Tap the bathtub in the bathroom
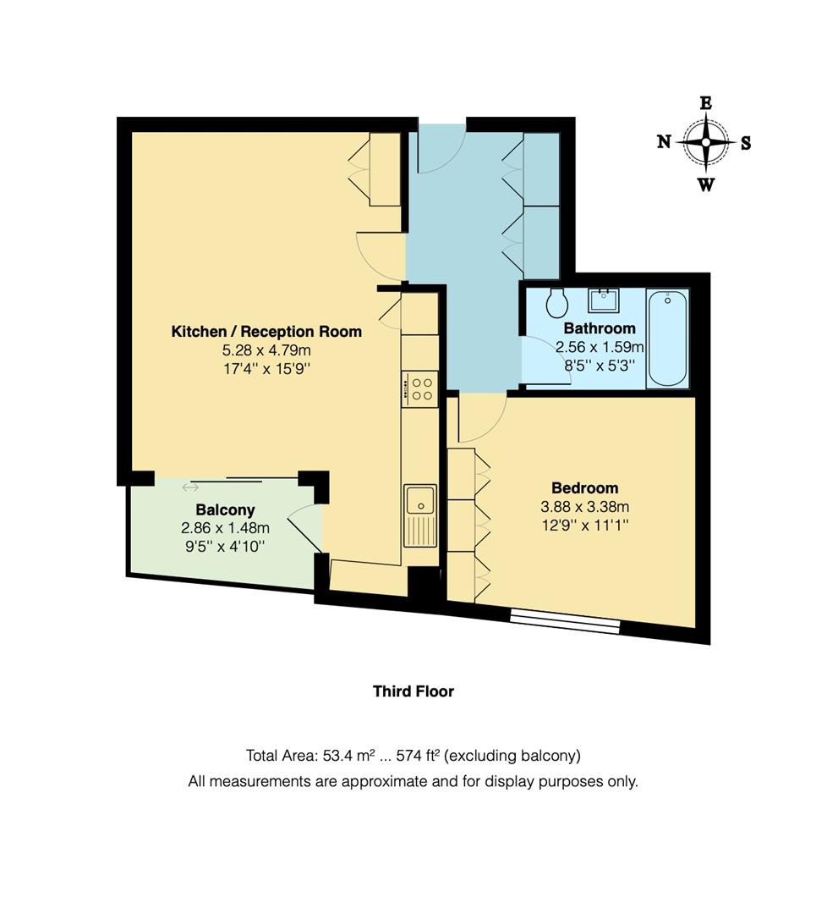click(668, 339)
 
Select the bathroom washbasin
click(606, 300)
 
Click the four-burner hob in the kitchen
click(419, 389)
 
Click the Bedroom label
click(584, 488)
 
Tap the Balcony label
click(225, 510)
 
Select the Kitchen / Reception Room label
click(266, 332)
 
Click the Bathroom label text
click(599, 328)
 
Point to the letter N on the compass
click(665, 142)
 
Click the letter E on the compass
click(705, 103)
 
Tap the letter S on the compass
click(745, 143)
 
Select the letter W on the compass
click(705, 184)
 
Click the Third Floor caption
click(413, 691)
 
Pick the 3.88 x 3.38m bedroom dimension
click(584, 507)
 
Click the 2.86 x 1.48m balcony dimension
click(224, 528)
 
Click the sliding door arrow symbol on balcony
click(190, 487)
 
